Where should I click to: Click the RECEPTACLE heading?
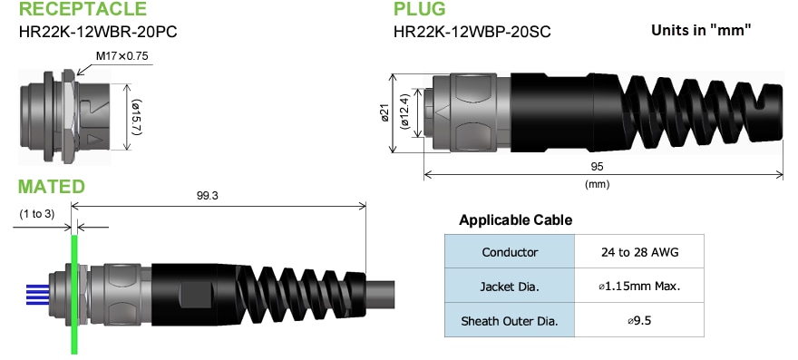pyautogui.click(x=82, y=11)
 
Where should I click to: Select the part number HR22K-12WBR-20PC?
pyautogui.click(x=98, y=33)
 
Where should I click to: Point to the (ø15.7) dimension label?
pyautogui.click(x=135, y=115)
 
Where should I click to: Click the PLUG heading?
pyautogui.click(x=419, y=11)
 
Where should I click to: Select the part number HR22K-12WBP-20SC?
pyautogui.click(x=472, y=33)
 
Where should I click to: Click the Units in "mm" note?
pyautogui.click(x=703, y=30)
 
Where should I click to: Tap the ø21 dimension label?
pyautogui.click(x=384, y=112)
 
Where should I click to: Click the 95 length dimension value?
pyautogui.click(x=596, y=167)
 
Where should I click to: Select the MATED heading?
pyautogui.click(x=52, y=187)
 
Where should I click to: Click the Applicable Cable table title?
pyautogui.click(x=515, y=220)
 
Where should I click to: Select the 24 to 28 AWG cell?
pyautogui.click(x=639, y=252)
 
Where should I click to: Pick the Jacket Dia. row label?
pyautogui.click(x=511, y=287)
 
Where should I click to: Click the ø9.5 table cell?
pyautogui.click(x=639, y=320)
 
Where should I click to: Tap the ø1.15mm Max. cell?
pyautogui.click(x=639, y=287)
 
